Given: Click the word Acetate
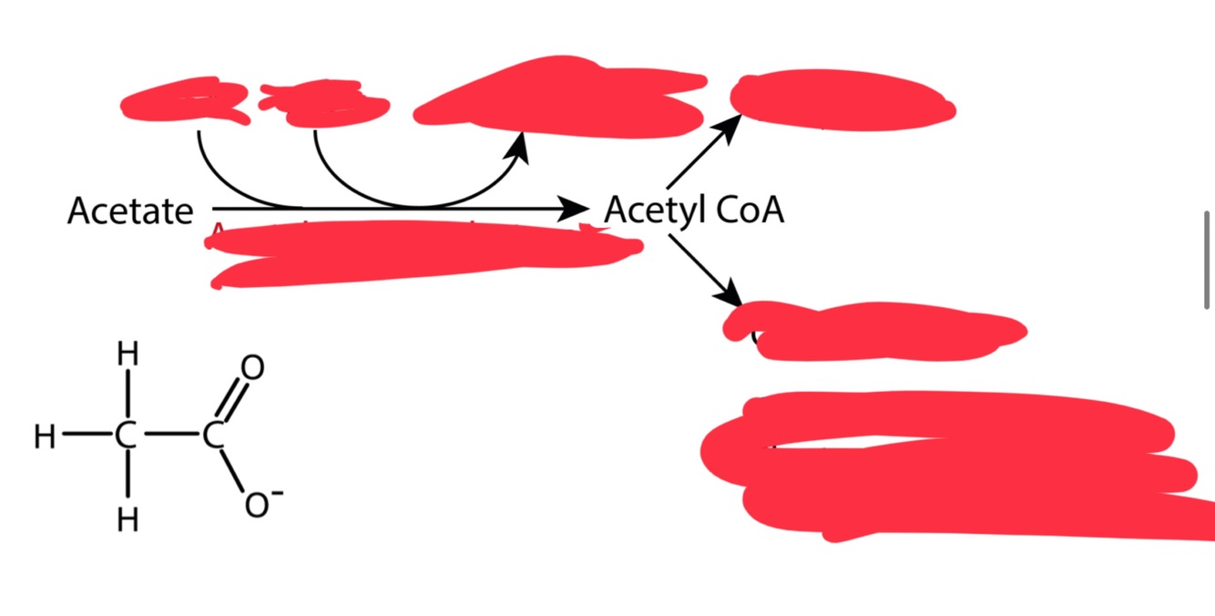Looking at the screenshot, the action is (x=130, y=211).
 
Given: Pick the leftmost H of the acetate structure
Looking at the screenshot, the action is (x=45, y=438).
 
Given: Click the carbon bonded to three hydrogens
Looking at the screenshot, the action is (x=127, y=438).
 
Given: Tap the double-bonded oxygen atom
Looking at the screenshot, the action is (x=254, y=367).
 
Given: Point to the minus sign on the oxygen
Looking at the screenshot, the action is (x=277, y=493).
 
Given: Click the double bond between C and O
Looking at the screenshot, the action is (x=232, y=402).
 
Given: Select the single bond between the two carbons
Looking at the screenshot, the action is (x=169, y=438).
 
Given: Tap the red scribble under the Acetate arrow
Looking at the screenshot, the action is (x=419, y=253).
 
